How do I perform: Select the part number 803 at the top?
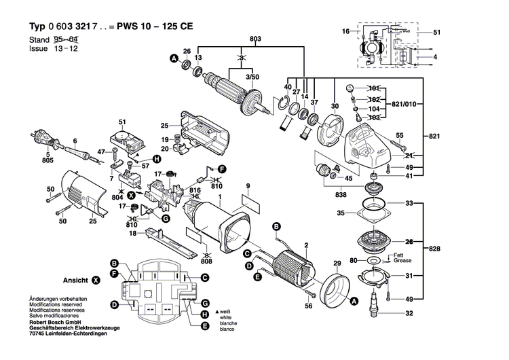click(237, 39)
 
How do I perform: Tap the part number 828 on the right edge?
click(434, 249)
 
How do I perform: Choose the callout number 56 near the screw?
click(309, 306)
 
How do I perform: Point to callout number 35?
click(341, 214)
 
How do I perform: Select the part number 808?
click(206, 261)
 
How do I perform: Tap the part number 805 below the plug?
click(47, 161)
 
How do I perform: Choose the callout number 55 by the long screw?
click(400, 134)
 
